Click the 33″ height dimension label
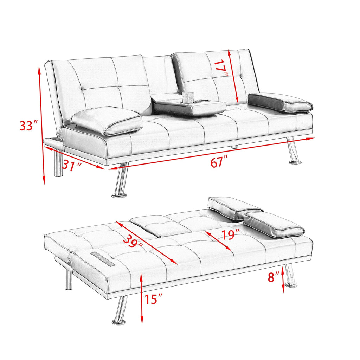[28, 126]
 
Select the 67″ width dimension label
[219, 163]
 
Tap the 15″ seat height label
[153, 300]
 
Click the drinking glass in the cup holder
[188, 98]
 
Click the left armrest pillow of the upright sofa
[106, 121]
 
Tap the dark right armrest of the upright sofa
[280, 102]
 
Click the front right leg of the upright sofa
[293, 151]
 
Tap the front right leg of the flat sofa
[290, 276]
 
